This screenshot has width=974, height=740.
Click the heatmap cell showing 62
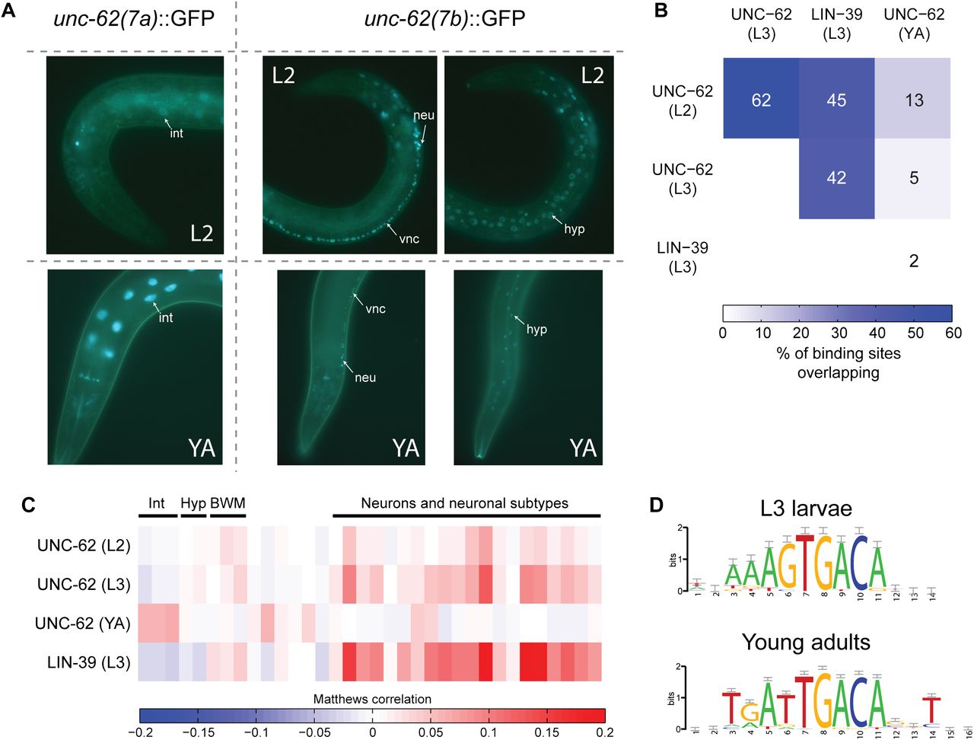[761, 100]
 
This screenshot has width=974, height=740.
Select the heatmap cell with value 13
[914, 100]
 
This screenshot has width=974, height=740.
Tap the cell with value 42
[836, 178]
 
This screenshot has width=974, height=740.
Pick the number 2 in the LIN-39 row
[914, 261]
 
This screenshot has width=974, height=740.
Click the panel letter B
[660, 11]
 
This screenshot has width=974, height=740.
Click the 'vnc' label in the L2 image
[409, 238]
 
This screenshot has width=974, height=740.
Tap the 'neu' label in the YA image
[365, 378]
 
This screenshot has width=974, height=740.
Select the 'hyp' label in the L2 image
[575, 229]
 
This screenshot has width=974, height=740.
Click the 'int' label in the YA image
[166, 317]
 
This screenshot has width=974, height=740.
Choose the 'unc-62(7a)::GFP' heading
[134, 18]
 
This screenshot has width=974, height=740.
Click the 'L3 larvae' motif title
[805, 509]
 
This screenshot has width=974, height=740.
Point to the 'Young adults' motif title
[806, 642]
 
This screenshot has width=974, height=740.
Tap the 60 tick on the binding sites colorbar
[953, 333]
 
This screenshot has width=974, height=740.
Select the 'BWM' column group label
[228, 503]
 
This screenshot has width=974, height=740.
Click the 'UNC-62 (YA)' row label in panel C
[83, 624]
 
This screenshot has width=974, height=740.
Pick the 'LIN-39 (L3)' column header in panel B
[836, 24]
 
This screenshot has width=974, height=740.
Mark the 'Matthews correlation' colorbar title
[372, 699]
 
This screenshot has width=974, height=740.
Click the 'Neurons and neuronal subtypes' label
[464, 503]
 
